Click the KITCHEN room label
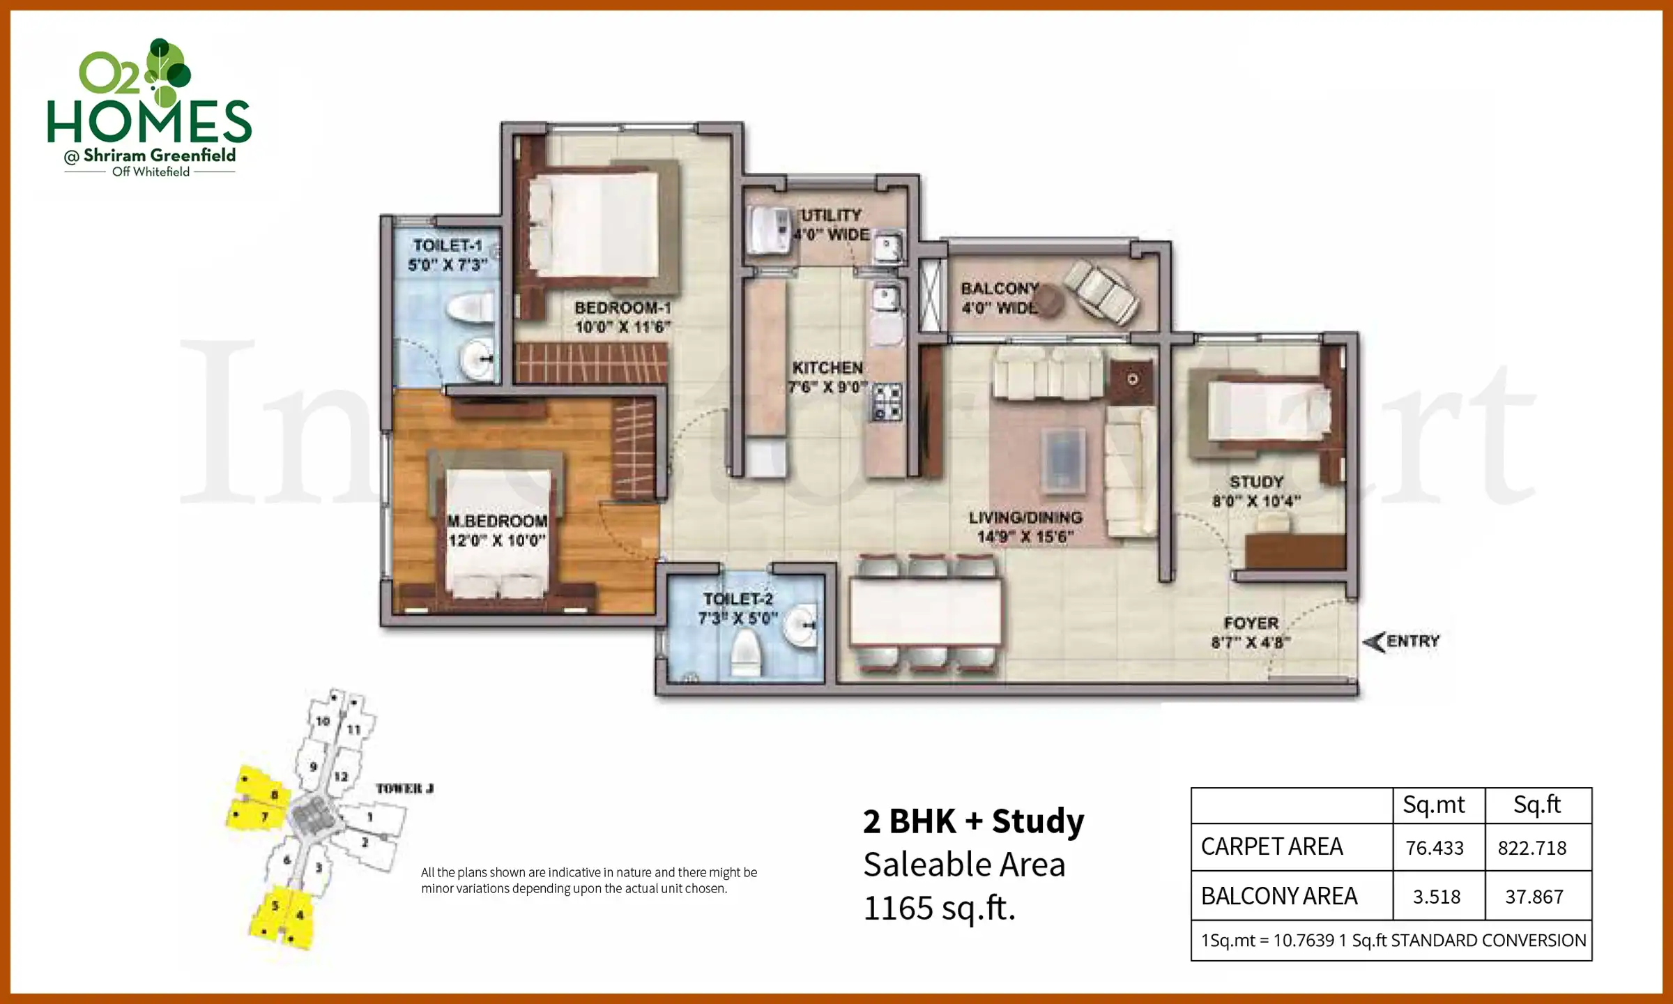tap(827, 367)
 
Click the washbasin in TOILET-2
tap(800, 626)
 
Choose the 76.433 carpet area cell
tap(1435, 848)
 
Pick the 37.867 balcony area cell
tap(1534, 897)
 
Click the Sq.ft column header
tap(1537, 805)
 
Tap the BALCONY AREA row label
tap(1279, 896)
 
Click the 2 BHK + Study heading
tap(973, 821)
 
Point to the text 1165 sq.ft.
tap(939, 908)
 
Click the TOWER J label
tap(404, 789)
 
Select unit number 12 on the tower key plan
tap(341, 777)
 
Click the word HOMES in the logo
tap(148, 121)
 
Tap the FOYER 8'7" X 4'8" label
tap(1251, 632)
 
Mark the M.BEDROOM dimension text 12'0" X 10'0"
tap(496, 540)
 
